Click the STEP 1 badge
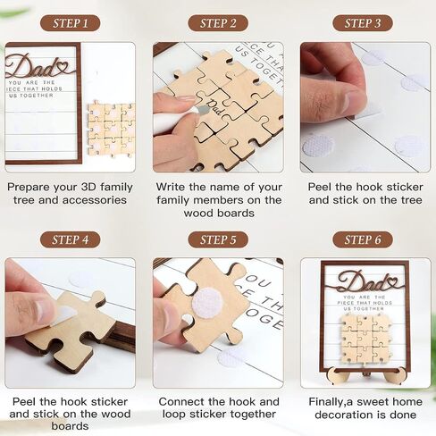tap(70, 23)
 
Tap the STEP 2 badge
tap(218, 23)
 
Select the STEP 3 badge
tap(363, 23)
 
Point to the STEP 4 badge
tap(70, 239)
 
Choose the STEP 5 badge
tap(218, 239)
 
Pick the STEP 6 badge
tap(363, 239)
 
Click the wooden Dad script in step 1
tap(38, 67)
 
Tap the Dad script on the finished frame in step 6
tap(365, 281)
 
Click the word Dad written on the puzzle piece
tap(215, 106)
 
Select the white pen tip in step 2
tap(203, 110)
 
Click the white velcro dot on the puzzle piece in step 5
tap(207, 304)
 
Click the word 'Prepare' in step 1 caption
tap(29, 188)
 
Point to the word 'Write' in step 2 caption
tap(171, 187)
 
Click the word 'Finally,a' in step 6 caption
tap(331, 402)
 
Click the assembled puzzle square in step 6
tap(365, 339)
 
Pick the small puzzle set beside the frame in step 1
tap(112, 130)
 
